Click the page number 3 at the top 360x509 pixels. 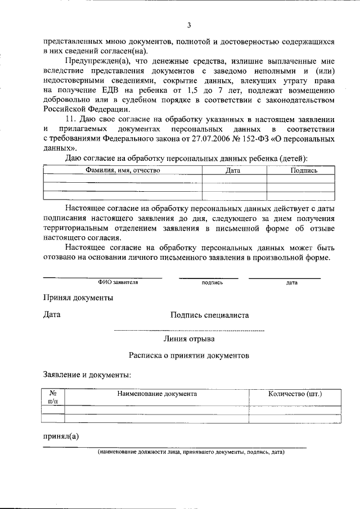tap(190, 25)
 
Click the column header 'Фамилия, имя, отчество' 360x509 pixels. tap(123, 170)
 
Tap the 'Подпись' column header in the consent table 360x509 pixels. tap(304, 170)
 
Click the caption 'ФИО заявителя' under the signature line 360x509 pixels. tap(118, 282)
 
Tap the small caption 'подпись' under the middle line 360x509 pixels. tap(212, 282)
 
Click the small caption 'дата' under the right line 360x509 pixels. tap(291, 282)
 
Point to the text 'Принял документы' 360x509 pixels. tap(79, 298)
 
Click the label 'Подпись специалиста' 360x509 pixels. tap(209, 316)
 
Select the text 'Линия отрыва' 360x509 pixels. tap(188, 339)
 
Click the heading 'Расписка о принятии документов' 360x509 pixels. tap(188, 356)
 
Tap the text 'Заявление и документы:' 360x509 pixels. tap(87, 374)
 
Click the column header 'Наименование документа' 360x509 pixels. tap(157, 394)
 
